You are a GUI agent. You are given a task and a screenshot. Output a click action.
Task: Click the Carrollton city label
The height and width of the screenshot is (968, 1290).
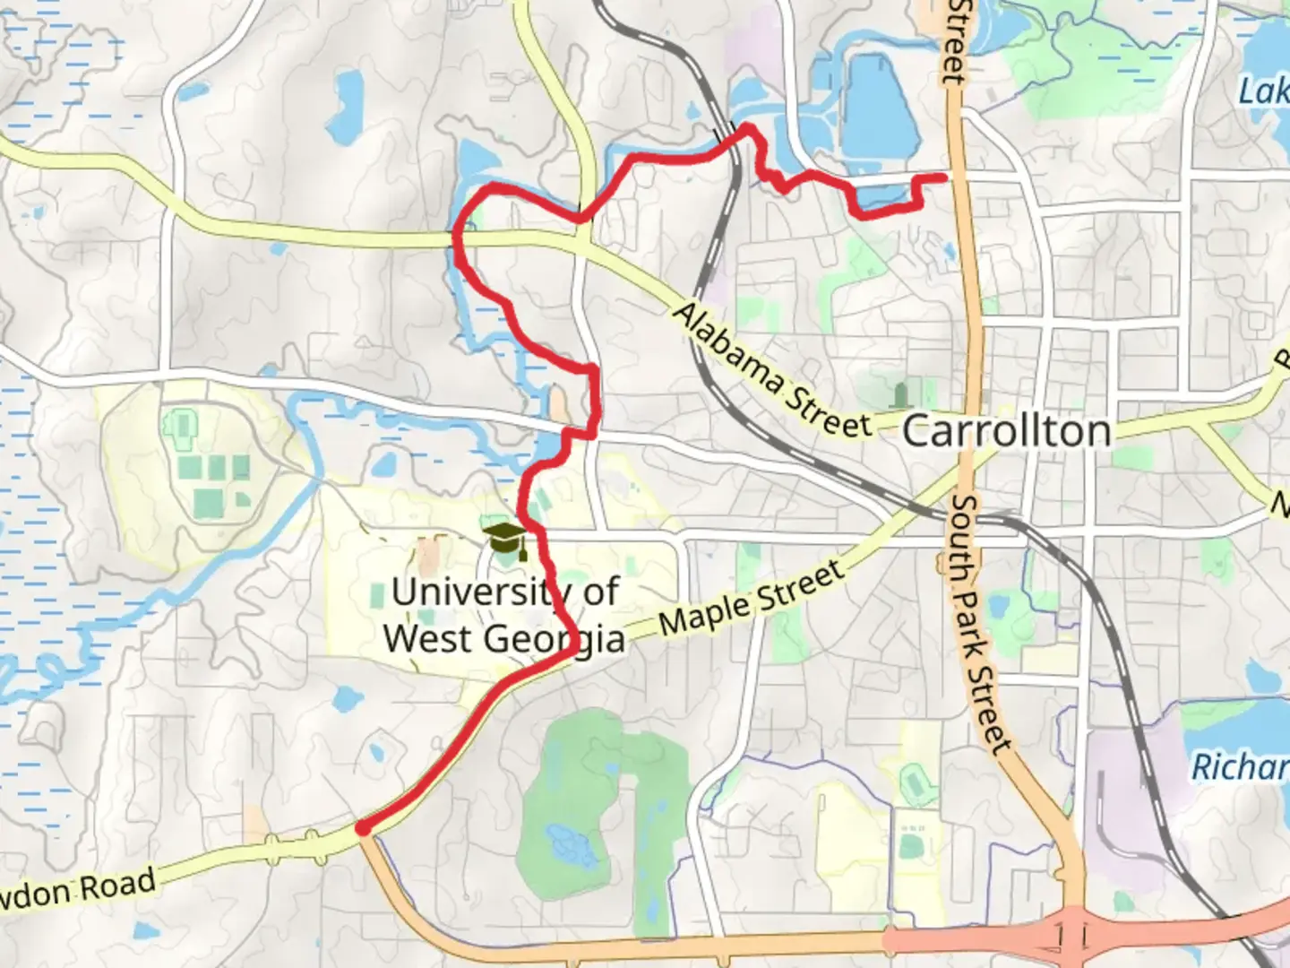pos(1006,431)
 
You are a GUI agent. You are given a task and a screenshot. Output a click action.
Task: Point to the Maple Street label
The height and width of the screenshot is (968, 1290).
pos(752,599)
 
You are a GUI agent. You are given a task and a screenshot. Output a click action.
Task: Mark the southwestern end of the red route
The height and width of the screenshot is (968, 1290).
pos(362,829)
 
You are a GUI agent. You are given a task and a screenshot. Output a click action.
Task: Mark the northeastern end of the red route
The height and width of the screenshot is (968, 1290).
pos(945,177)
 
